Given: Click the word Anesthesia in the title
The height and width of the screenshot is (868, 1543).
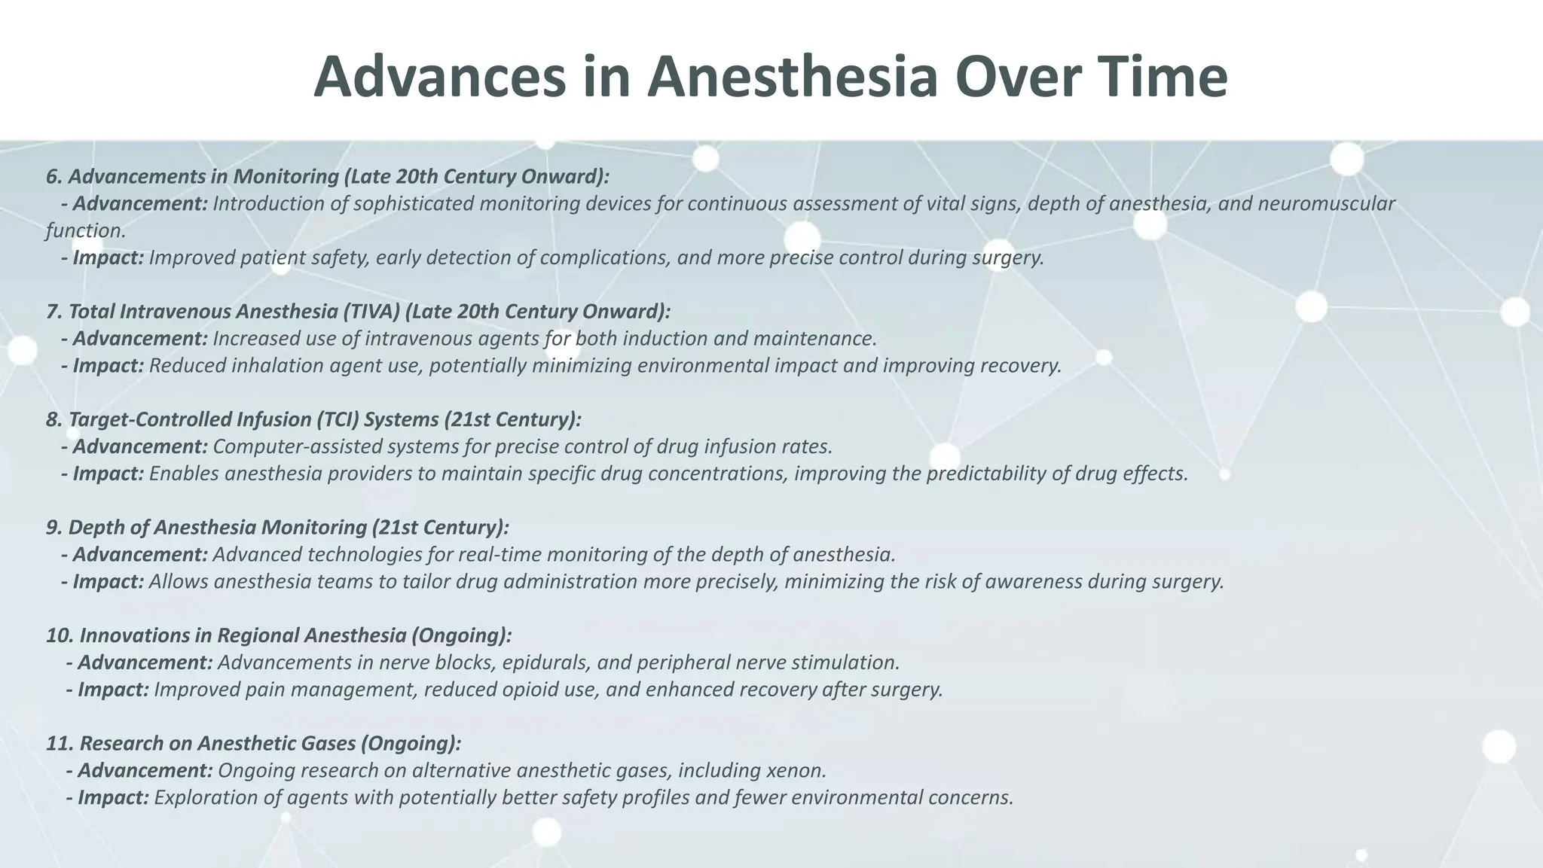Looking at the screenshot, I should (x=792, y=78).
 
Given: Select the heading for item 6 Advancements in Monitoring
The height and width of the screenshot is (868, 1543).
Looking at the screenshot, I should (x=327, y=176).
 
